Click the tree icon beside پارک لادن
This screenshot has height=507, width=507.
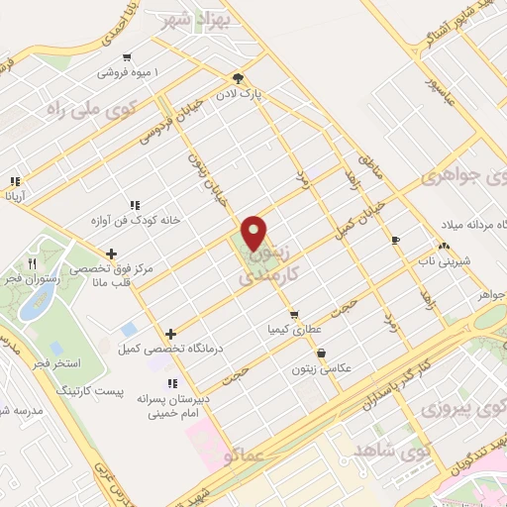pos(238,78)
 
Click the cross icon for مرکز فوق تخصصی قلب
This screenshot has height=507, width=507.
pos(111,253)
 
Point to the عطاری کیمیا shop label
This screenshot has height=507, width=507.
pos(291,328)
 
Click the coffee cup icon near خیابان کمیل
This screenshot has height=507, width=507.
pos(395,240)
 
